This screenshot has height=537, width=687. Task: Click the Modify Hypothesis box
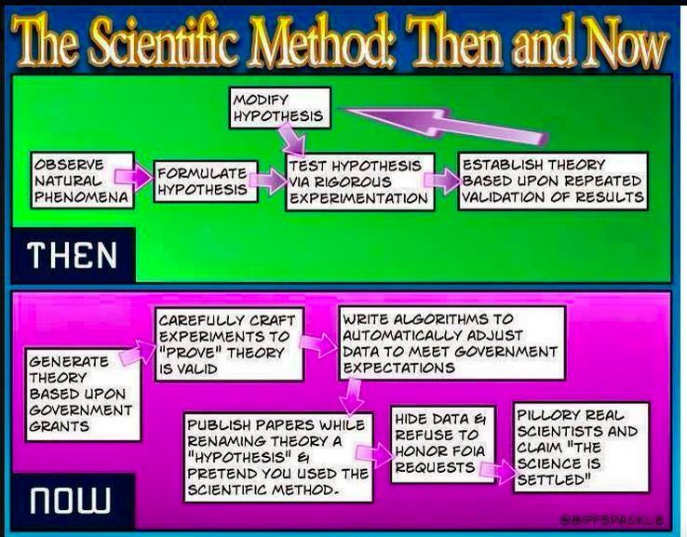tap(280, 108)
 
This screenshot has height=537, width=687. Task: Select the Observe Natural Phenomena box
tap(82, 180)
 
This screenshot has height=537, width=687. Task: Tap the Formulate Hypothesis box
tap(206, 181)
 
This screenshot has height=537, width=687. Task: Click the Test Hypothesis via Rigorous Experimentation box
tap(359, 181)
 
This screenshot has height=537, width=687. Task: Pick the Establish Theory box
tap(553, 181)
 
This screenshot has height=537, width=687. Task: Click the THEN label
tap(72, 255)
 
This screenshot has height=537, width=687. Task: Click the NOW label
tap(70, 500)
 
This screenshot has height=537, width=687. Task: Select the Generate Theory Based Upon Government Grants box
tap(83, 395)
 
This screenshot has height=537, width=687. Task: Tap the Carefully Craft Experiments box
tap(229, 344)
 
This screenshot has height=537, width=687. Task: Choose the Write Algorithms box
tap(452, 342)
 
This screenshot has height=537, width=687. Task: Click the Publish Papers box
tap(278, 457)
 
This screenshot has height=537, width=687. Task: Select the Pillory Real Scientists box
tap(581, 448)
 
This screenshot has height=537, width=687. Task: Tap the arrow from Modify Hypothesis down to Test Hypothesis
tap(291, 139)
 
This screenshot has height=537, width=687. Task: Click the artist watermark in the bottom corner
tap(612, 520)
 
